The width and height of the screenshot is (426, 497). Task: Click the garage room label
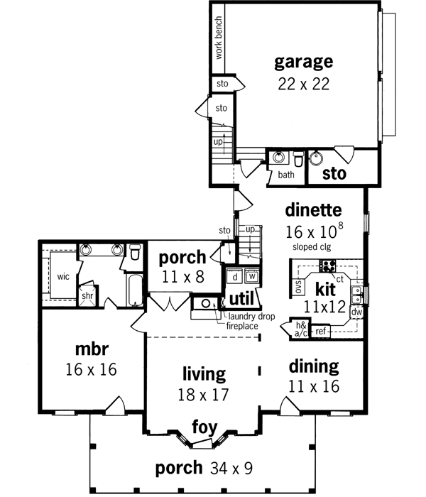(304, 60)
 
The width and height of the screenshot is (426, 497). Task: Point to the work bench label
(219, 39)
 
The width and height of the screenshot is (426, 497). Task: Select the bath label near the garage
(285, 175)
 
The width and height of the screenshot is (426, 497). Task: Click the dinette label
(314, 210)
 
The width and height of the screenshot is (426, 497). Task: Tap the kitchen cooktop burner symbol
(329, 266)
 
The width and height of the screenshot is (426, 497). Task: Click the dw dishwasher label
(357, 312)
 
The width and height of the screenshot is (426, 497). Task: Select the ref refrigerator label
(321, 332)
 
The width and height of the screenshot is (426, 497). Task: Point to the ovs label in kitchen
(299, 287)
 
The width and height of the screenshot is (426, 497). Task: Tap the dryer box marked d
(234, 276)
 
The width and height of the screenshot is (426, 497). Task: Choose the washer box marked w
(251, 276)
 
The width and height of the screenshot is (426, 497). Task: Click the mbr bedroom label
(89, 349)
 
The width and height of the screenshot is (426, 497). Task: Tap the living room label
(203, 373)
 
